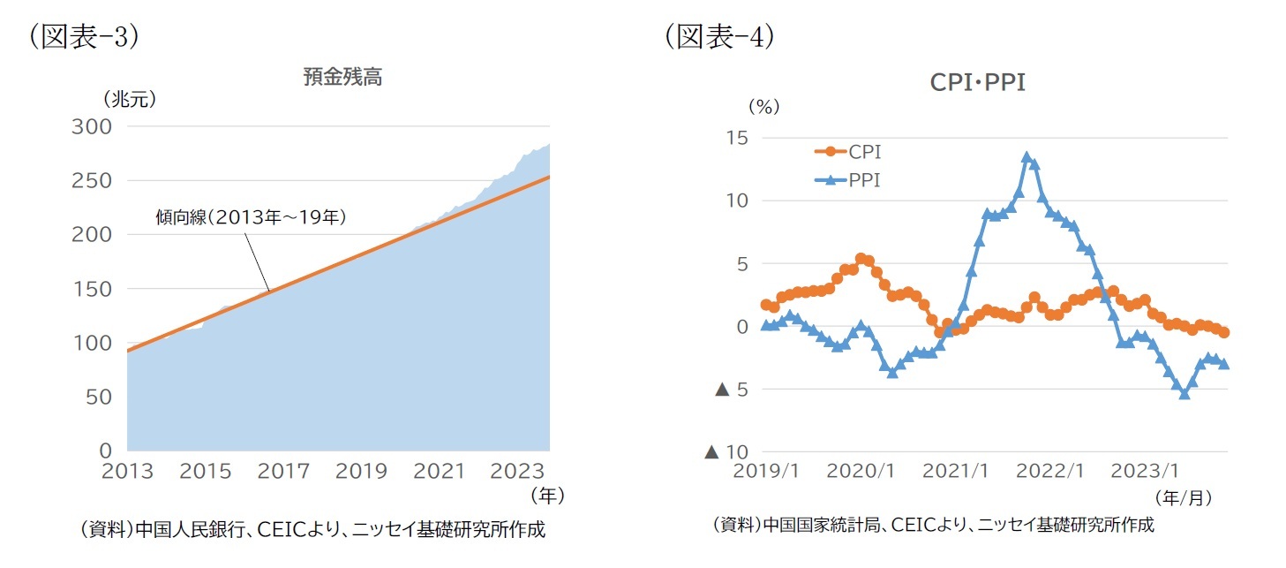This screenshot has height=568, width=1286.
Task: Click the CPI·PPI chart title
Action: (x=977, y=83)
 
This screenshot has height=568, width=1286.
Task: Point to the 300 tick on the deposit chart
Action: (x=91, y=126)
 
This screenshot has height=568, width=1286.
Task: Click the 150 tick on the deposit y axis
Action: (x=91, y=289)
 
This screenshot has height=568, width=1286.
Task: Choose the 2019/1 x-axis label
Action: (x=765, y=472)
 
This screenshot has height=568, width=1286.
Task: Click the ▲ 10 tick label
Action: (x=726, y=452)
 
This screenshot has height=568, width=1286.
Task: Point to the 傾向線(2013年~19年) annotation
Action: (x=250, y=216)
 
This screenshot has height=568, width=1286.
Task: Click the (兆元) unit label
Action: (x=130, y=99)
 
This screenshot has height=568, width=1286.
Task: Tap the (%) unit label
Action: (x=764, y=107)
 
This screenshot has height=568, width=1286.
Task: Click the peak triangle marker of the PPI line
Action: (x=1027, y=157)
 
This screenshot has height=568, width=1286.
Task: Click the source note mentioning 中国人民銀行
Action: (x=312, y=530)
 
